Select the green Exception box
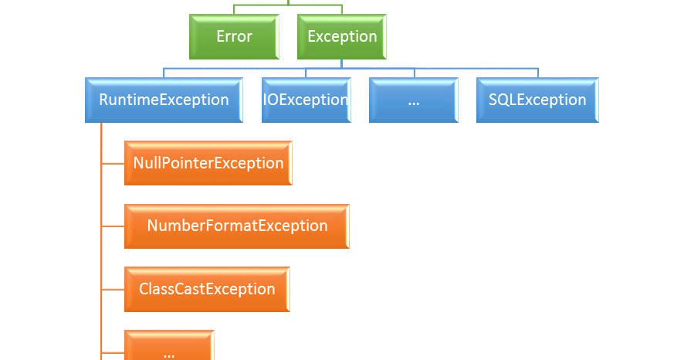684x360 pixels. [x=341, y=37]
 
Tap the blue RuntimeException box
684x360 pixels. [x=164, y=100]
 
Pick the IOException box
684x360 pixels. [x=306, y=100]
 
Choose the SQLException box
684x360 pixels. [x=537, y=100]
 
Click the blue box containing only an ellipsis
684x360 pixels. [x=413, y=100]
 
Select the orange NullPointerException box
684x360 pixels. [x=208, y=163]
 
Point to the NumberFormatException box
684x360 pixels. [x=237, y=226]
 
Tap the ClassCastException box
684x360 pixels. [x=207, y=290]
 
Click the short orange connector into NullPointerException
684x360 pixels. [x=113, y=163]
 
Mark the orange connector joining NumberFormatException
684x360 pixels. [x=113, y=226]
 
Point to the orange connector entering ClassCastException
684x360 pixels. [x=113, y=290]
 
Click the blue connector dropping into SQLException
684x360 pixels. [x=538, y=73]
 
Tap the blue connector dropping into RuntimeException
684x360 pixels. [x=164, y=73]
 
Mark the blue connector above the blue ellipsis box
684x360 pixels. [x=415, y=73]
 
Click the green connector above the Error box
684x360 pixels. [x=233, y=9]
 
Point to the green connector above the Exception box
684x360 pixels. [x=341, y=9]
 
